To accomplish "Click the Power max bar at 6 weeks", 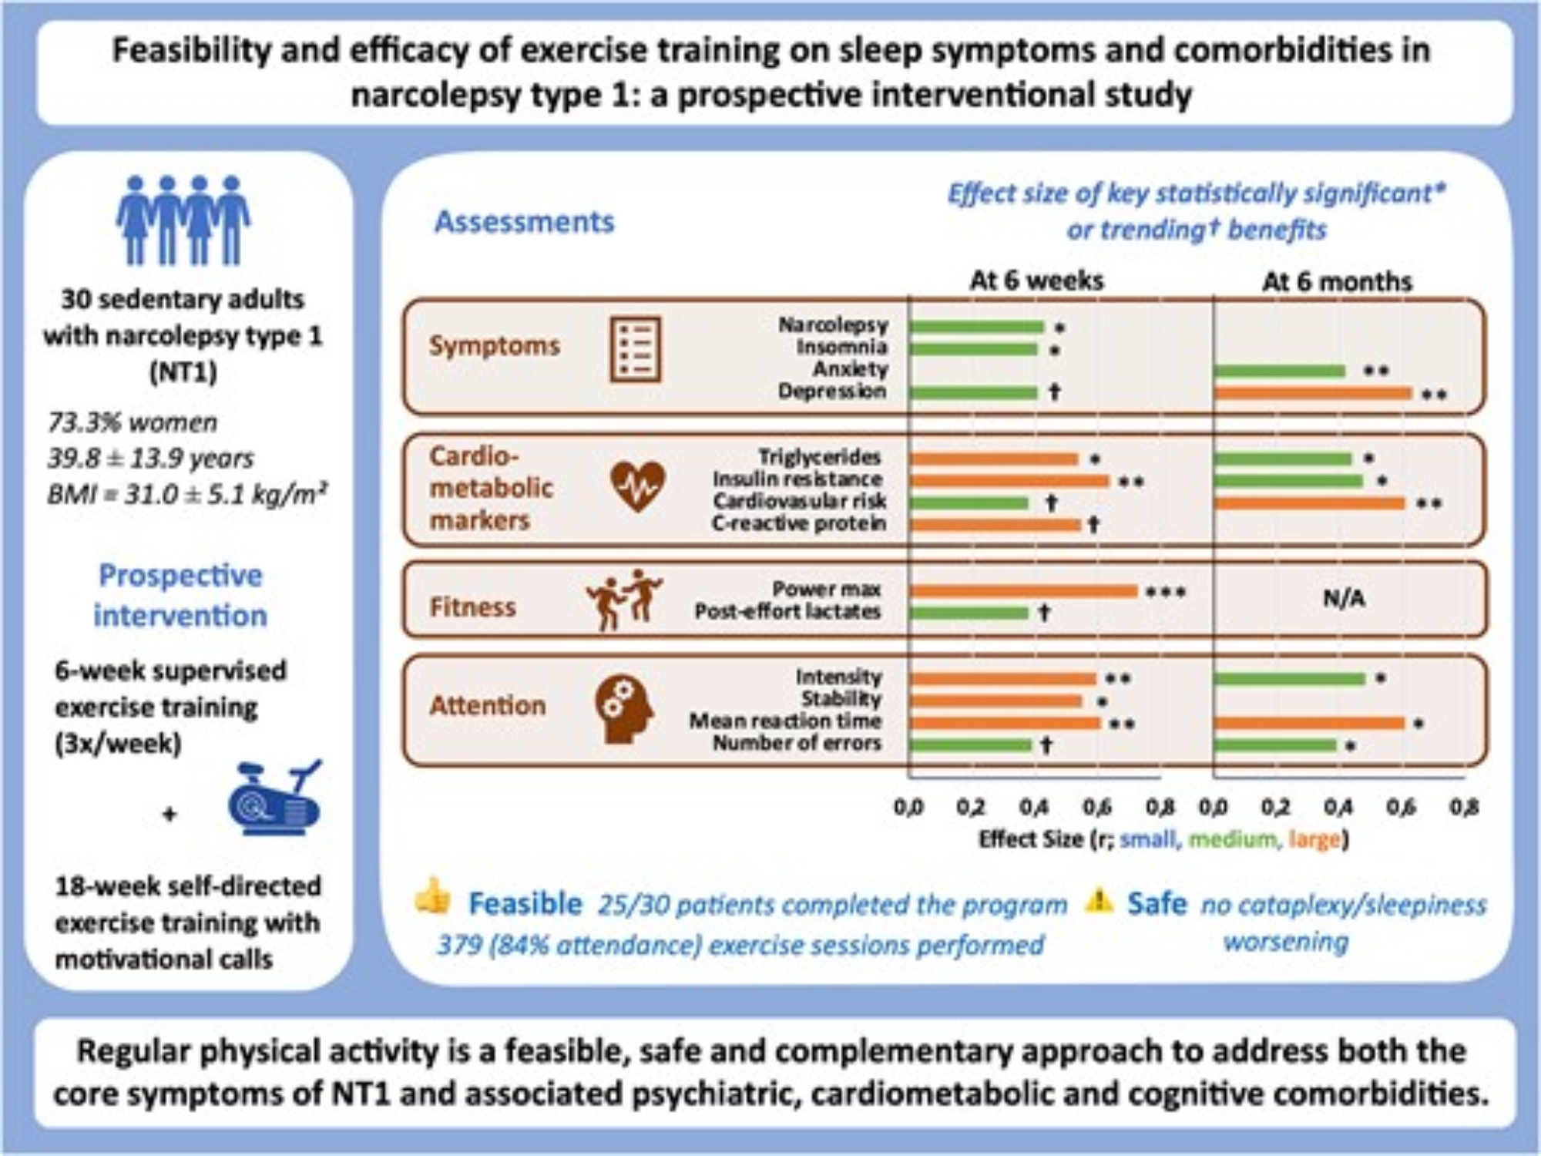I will pos(1022,591).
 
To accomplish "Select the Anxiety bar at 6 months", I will pos(1279,371).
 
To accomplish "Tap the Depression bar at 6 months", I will pos(1313,393).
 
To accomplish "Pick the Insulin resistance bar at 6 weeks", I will pos(1009,481).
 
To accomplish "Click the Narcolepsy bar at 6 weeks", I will pos(976,327).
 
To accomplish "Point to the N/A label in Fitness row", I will pos(1344,599).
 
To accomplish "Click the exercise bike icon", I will pos(275,798).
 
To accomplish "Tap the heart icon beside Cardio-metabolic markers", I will pos(637,486).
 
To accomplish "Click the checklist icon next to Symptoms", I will pos(636,349).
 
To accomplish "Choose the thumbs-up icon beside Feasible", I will pos(433,896).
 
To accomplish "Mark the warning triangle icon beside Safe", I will pos(1099,899).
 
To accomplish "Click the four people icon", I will pos(183,220).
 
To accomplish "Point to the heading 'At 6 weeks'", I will pos(1036,280).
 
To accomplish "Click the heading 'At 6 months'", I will pos(1337,281).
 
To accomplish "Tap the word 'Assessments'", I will pos(525,222).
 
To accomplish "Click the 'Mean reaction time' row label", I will pos(784,721).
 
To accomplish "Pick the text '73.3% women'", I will pos(133,422).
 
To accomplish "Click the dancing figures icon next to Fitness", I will pos(624,600).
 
